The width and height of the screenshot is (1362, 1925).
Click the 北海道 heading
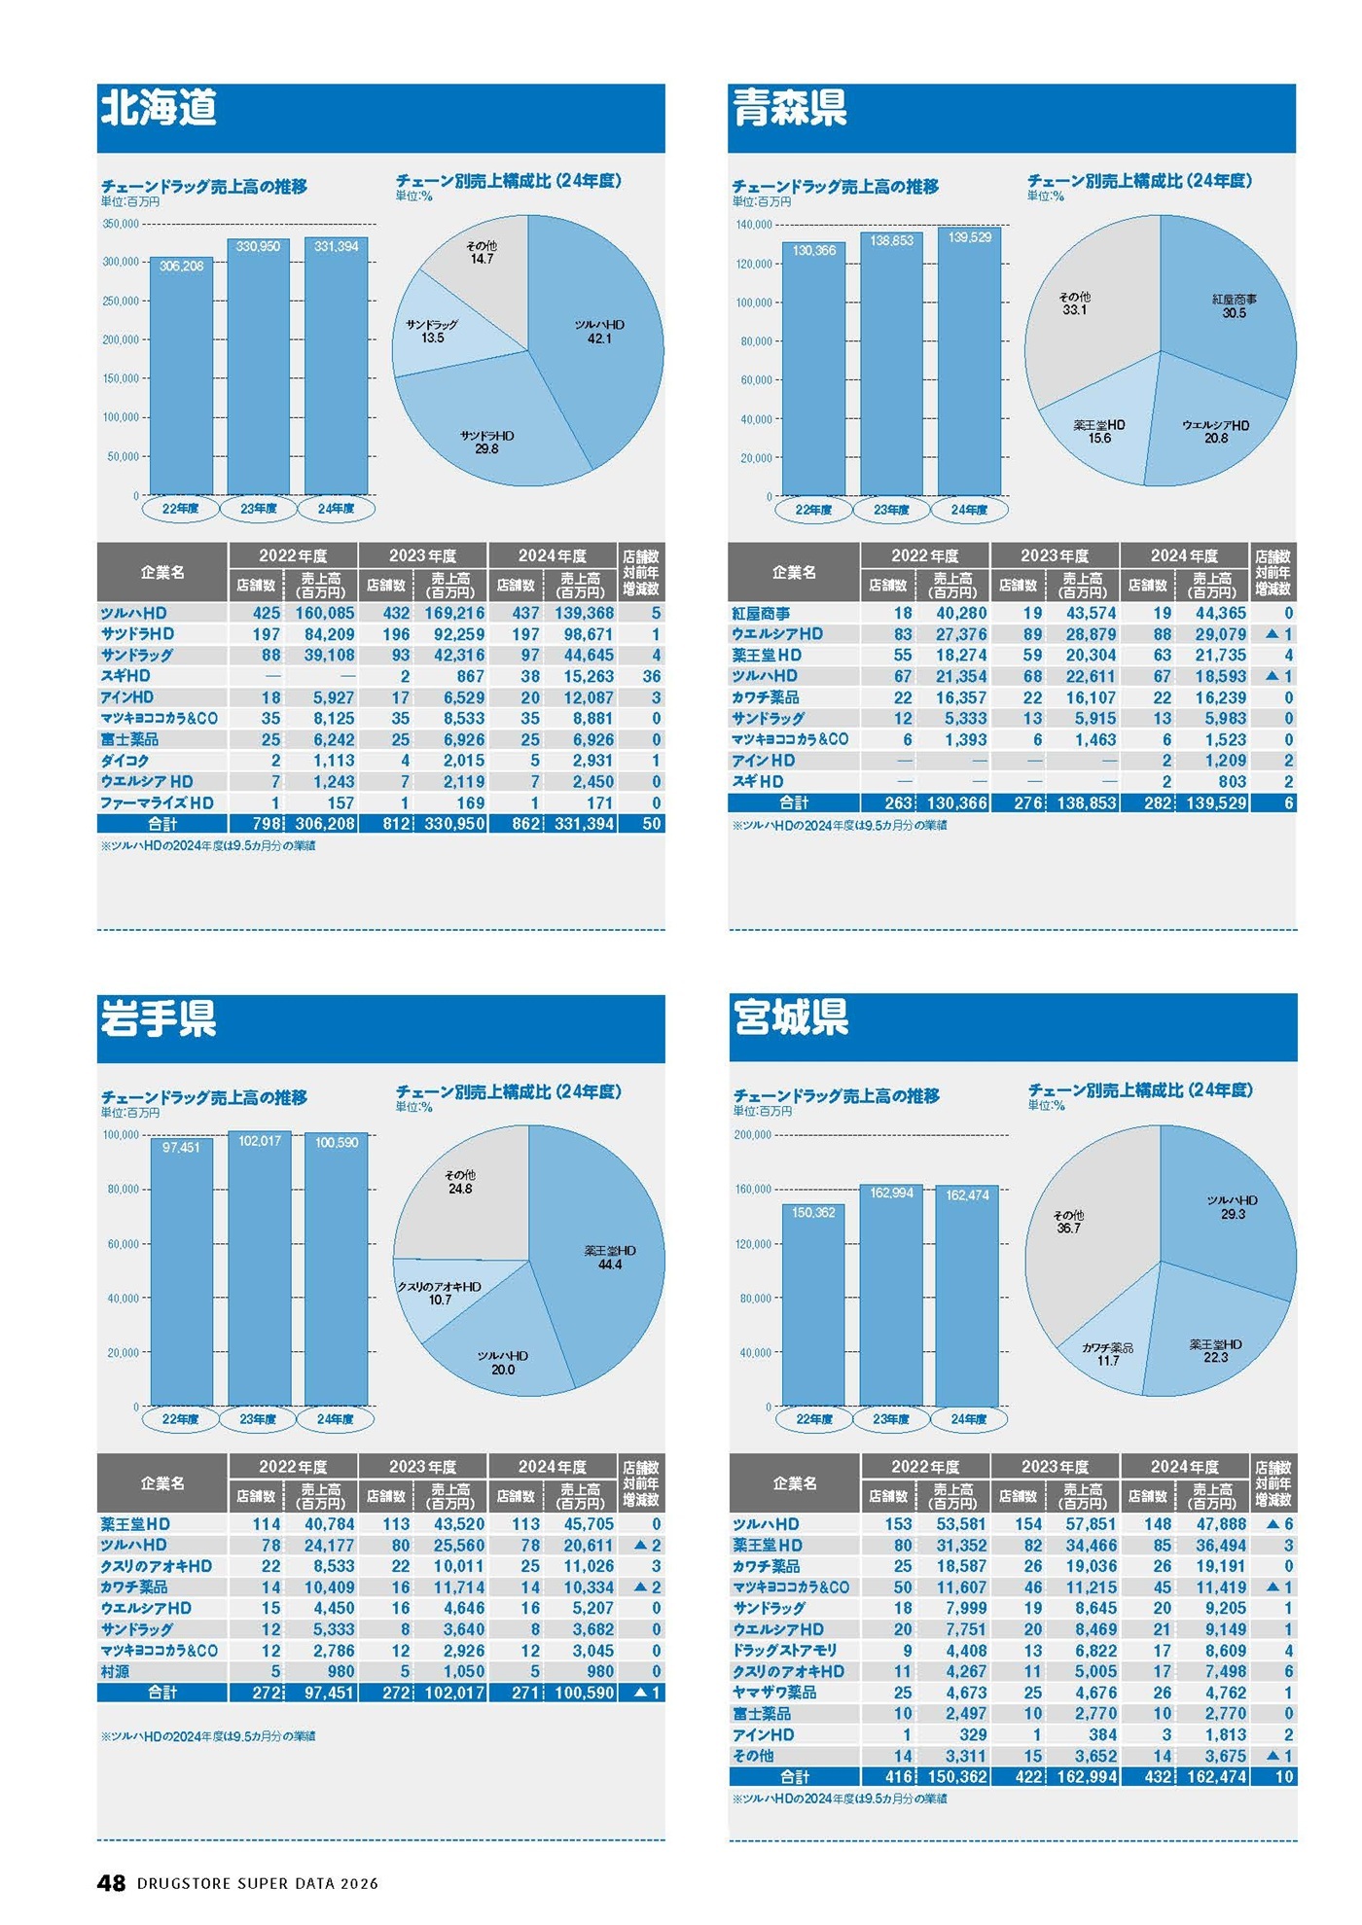tap(159, 107)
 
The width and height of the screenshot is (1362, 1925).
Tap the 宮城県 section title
tap(791, 1017)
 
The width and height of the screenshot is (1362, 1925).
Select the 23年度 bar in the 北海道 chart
tap(259, 370)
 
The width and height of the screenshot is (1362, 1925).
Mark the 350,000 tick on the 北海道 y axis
tap(121, 224)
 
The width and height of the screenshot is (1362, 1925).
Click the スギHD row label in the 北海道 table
tap(125, 676)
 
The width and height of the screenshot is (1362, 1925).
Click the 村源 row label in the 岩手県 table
tap(115, 1671)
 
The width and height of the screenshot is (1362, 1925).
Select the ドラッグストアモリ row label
tap(784, 1650)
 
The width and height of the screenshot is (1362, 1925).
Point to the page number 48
tap(112, 1882)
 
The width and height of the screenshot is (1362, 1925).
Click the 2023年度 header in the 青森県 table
tap(1055, 555)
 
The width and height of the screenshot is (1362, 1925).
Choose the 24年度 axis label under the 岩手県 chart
tap(336, 1419)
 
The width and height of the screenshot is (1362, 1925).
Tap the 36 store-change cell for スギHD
tap(651, 676)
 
